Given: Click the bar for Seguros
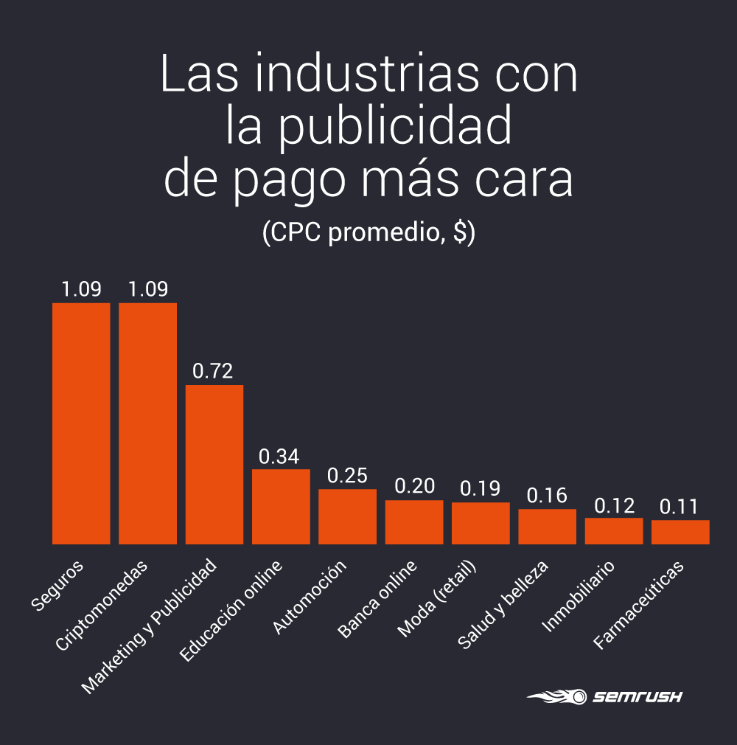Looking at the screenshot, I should click(x=81, y=423).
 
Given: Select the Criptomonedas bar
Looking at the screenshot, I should click(x=147, y=423).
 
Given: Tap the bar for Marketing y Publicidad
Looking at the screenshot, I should click(x=214, y=465).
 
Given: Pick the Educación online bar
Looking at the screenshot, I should click(x=281, y=507).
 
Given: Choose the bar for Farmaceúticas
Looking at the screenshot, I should click(x=680, y=533).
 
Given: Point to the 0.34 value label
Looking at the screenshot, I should click(x=279, y=457).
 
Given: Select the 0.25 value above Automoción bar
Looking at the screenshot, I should click(x=347, y=477).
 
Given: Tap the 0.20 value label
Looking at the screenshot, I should click(x=414, y=487).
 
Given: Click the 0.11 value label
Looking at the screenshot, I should click(x=679, y=507).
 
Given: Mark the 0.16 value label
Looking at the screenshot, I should click(x=547, y=496).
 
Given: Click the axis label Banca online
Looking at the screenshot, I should click(x=378, y=599).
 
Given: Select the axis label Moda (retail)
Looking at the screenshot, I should click(x=438, y=599).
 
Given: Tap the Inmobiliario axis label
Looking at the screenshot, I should click(x=579, y=596).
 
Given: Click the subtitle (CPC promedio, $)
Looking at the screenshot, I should click(x=368, y=232).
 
